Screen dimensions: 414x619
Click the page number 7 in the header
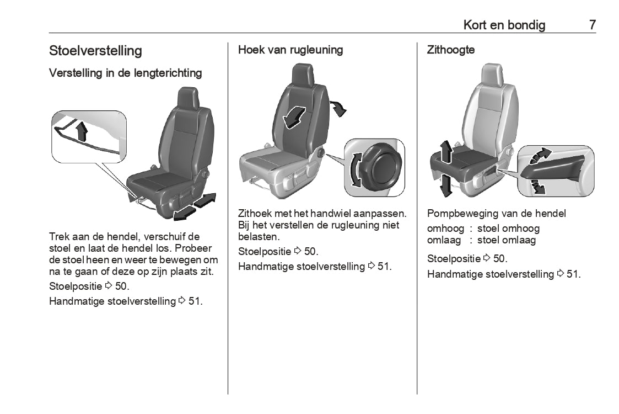pos(592,25)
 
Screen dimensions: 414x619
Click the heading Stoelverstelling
pos(95,51)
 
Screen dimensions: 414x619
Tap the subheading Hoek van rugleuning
pos(290,50)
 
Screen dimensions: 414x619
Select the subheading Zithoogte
pos(450,50)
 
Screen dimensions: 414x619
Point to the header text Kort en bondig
pos(504,25)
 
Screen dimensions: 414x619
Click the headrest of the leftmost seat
pos(188,98)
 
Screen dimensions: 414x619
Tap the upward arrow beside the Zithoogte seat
pos(446,152)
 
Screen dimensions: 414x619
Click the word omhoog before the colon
pos(445,229)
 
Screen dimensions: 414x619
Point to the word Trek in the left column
pos(58,236)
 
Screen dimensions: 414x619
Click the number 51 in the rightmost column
pos(573,274)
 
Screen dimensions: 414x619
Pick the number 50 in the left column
pos(121,286)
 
